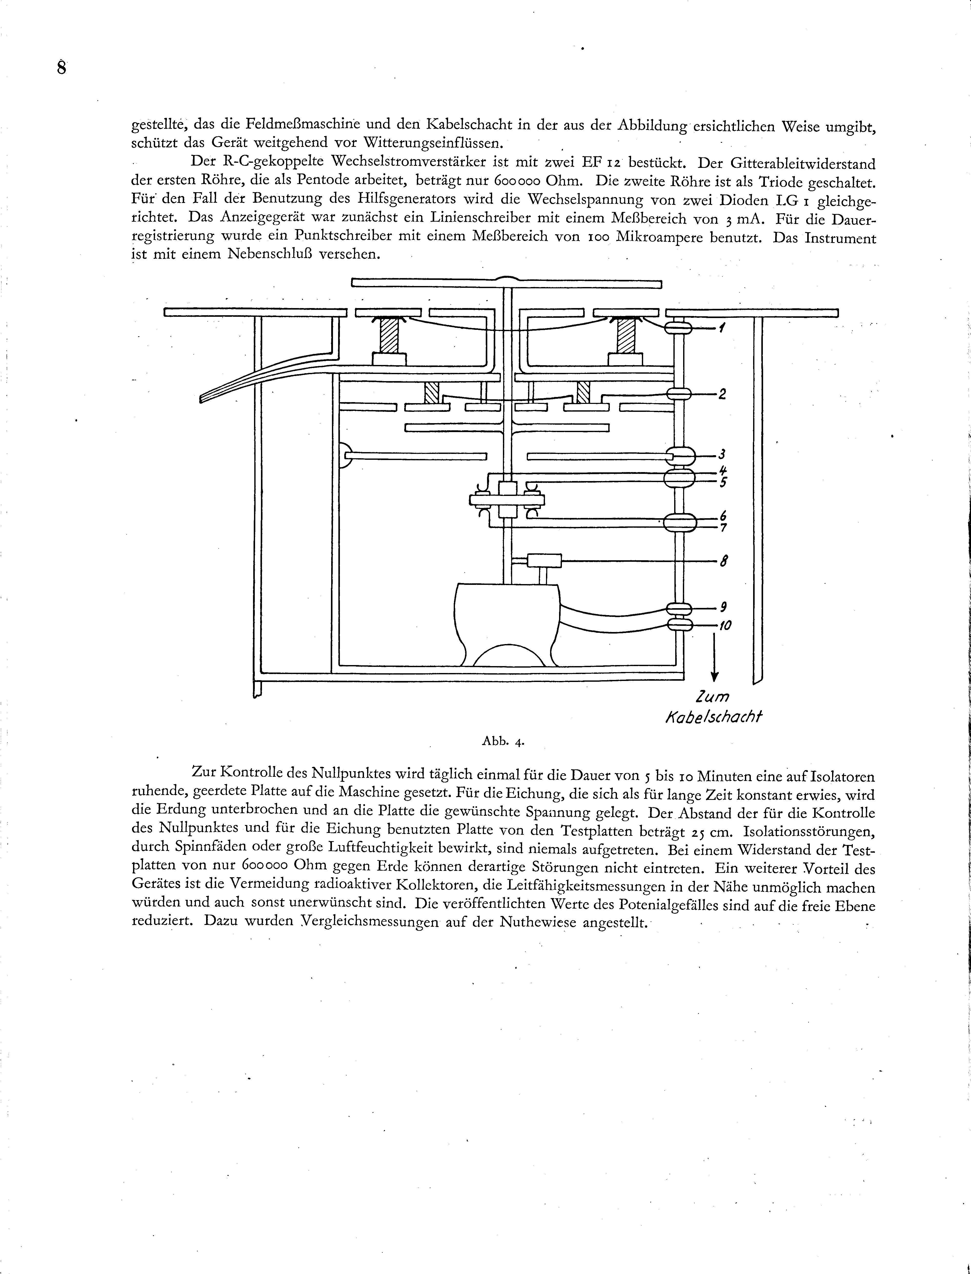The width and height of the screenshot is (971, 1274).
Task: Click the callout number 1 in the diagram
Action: (x=722, y=328)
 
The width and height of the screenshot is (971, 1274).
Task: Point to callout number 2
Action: (x=722, y=395)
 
